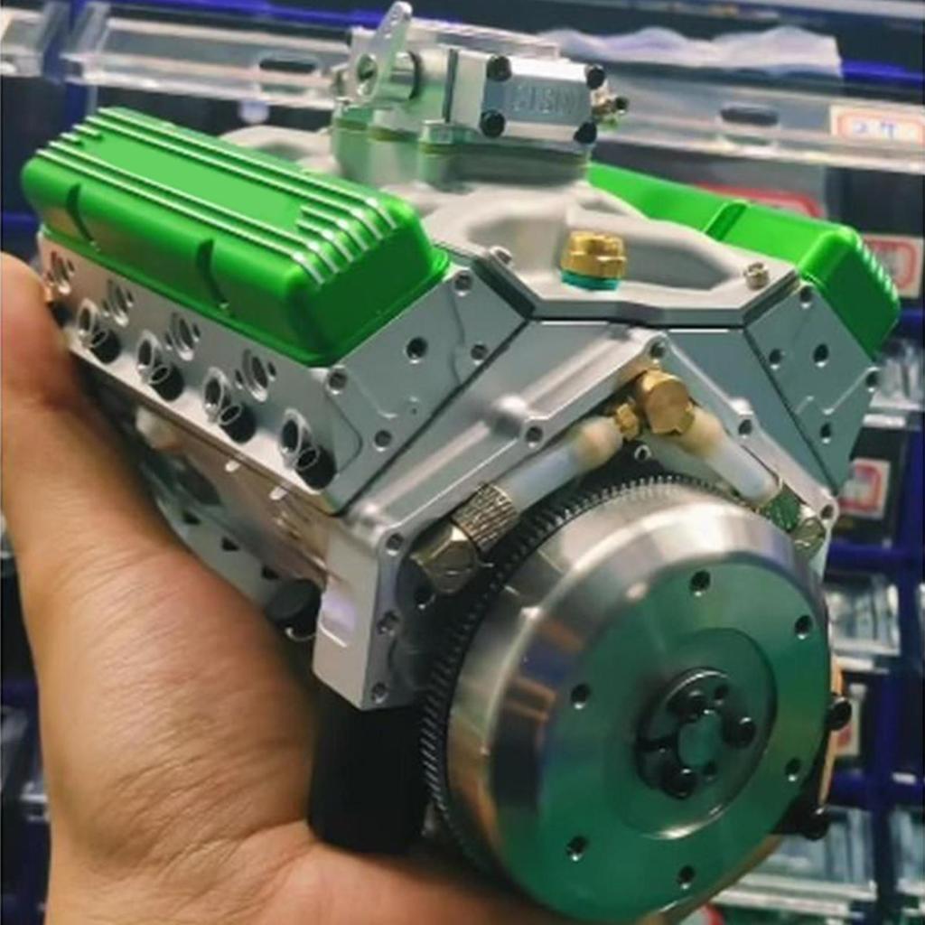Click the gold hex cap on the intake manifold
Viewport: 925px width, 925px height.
(x=593, y=257)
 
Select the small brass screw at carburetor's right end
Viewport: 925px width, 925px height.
(x=611, y=107)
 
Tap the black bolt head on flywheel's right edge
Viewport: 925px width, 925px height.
(x=837, y=714)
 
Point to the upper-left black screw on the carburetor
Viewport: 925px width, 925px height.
(x=498, y=68)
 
